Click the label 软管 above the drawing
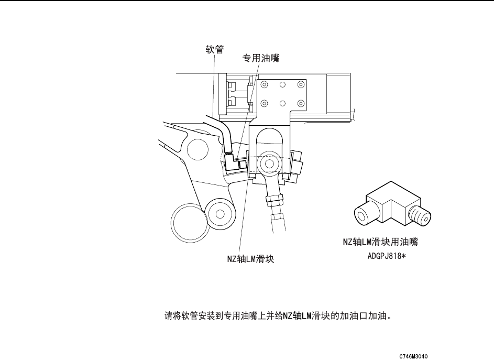coord(214,50)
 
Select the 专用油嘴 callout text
coord(260,59)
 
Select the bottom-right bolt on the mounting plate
coord(300,103)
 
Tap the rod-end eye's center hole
coord(269,163)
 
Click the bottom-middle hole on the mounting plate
coord(282,103)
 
